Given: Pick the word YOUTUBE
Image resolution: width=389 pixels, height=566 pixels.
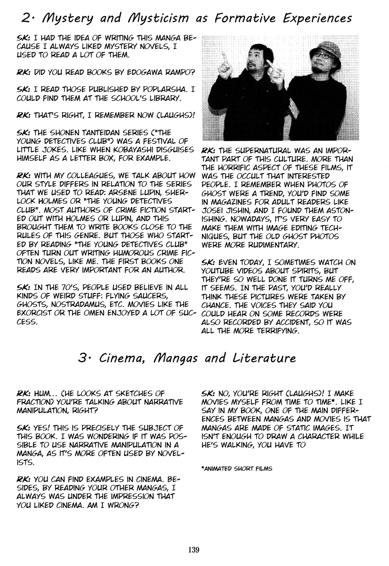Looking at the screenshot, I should pos(221,271).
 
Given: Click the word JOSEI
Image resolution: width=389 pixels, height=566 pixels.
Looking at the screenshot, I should pos(212,211).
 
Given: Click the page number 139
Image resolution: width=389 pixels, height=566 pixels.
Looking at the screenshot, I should pos(194,549).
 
